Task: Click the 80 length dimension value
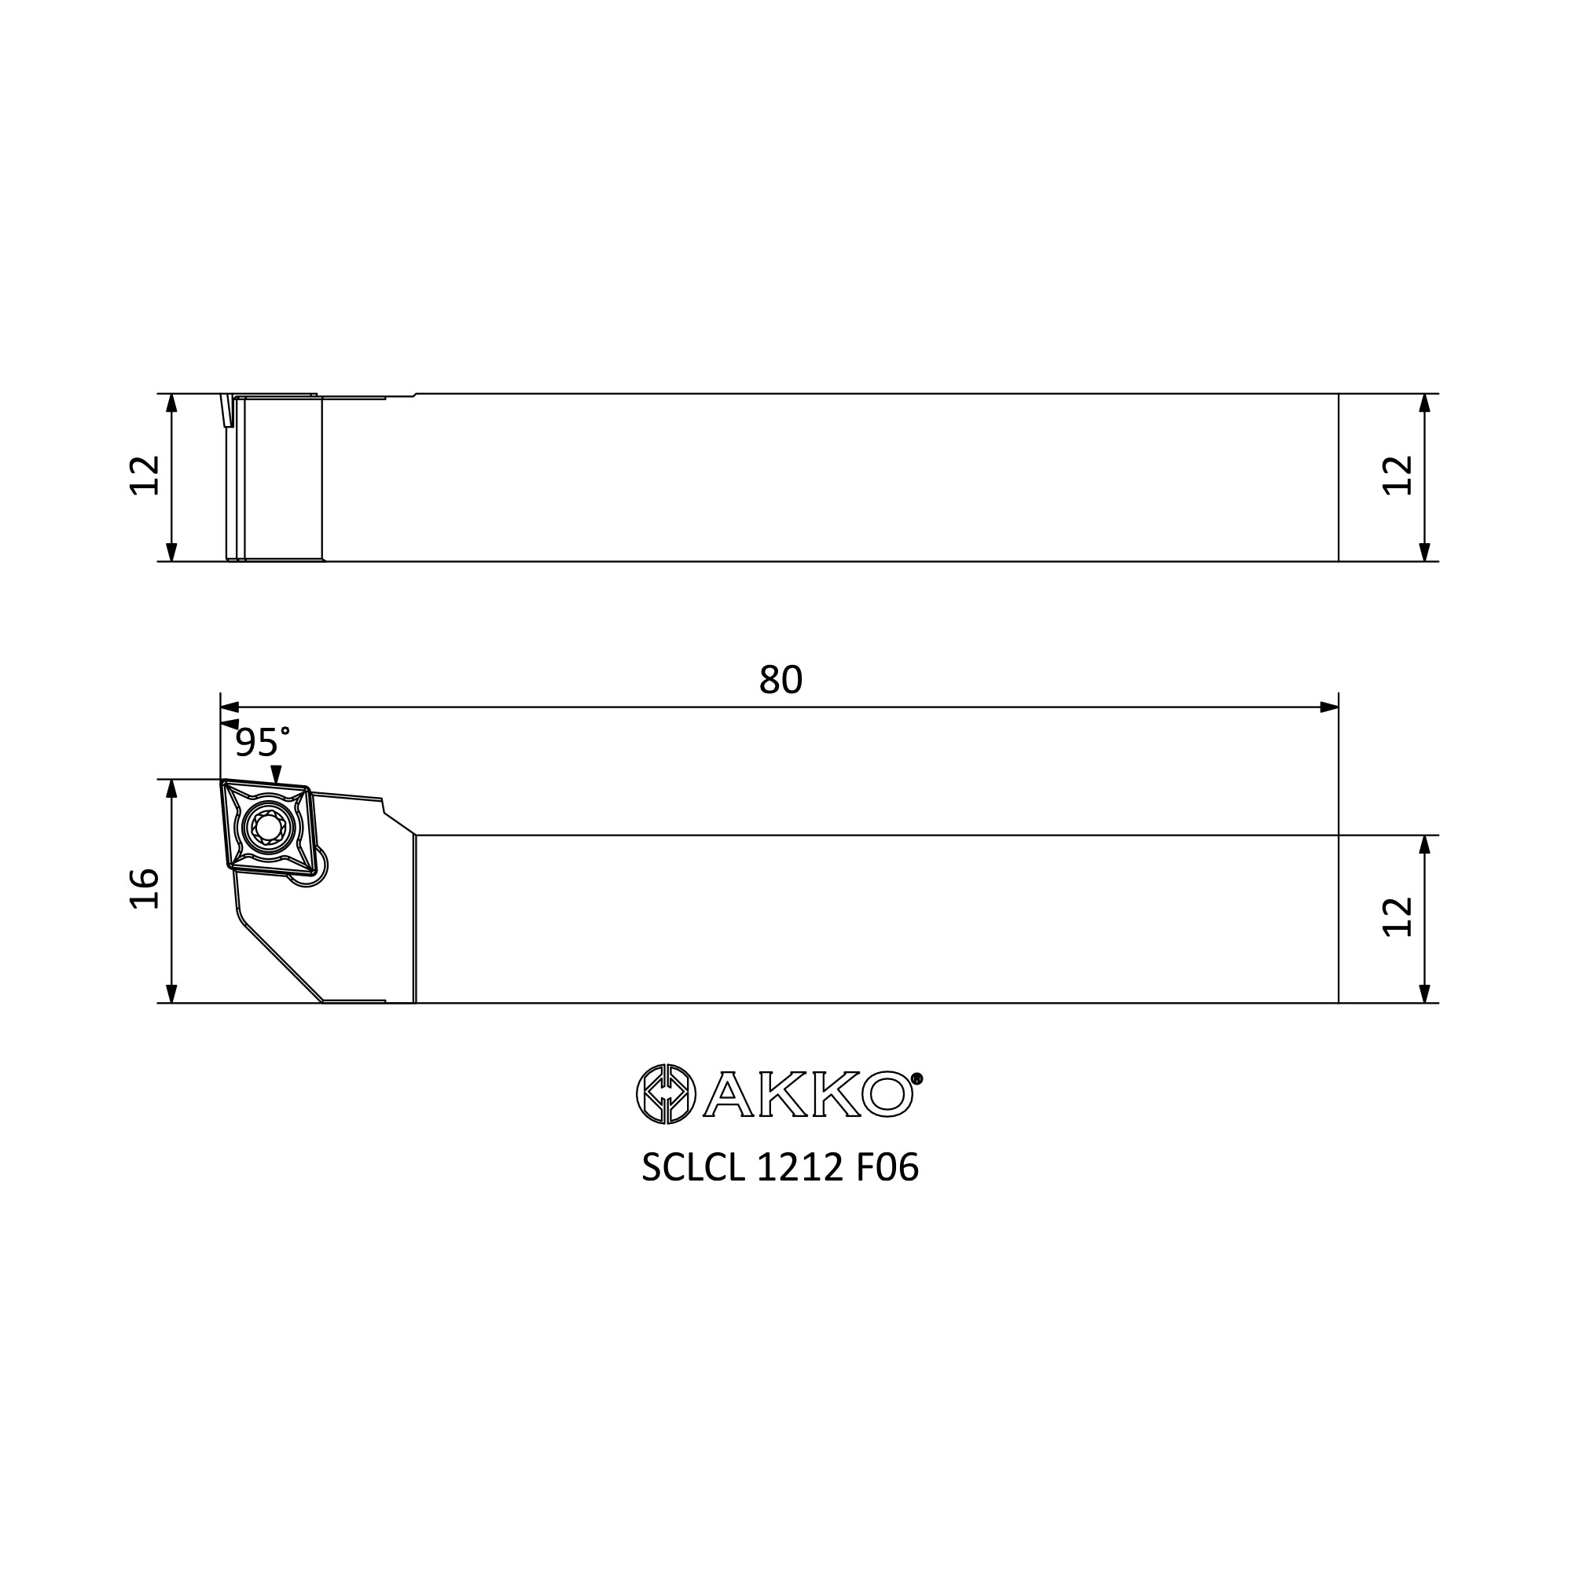point(780,679)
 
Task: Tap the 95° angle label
point(262,742)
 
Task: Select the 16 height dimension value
point(145,887)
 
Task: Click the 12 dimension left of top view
point(145,476)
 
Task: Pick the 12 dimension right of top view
point(1398,476)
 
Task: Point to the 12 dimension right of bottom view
point(1398,917)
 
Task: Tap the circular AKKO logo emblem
point(666,1093)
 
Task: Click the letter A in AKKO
point(729,1094)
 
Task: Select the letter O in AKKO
point(887,1094)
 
